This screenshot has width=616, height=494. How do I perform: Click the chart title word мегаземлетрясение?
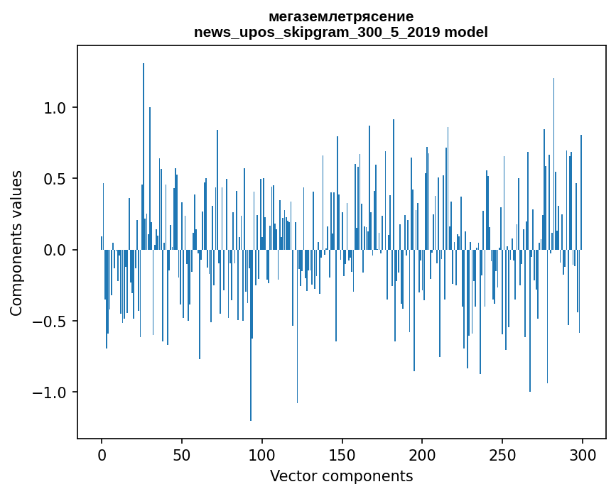(x=341, y=16)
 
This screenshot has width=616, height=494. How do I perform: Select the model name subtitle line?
(x=341, y=32)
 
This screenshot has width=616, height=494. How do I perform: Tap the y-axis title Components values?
(x=16, y=243)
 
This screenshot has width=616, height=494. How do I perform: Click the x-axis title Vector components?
(x=341, y=476)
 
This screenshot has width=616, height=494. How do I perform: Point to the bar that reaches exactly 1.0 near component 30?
(x=150, y=177)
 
